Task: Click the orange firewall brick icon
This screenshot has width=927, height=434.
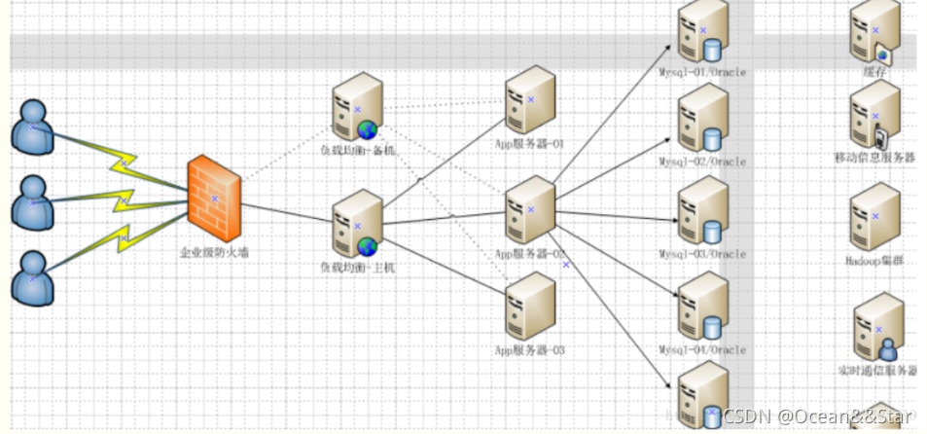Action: tap(214, 199)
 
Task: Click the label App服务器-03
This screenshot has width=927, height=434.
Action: tap(530, 349)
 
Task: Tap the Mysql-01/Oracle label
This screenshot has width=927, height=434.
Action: tap(702, 69)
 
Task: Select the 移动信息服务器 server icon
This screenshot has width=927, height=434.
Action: tap(874, 115)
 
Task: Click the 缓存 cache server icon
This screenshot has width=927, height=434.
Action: tap(874, 31)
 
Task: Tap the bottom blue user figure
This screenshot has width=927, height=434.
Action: tap(32, 276)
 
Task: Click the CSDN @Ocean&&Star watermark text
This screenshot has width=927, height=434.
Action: tap(819, 416)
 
